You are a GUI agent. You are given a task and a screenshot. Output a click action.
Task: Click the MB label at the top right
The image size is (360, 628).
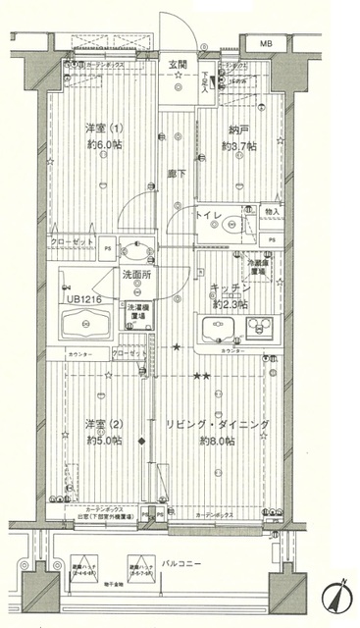point(267,44)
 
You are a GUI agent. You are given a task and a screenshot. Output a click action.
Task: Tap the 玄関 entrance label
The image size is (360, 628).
point(178,65)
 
